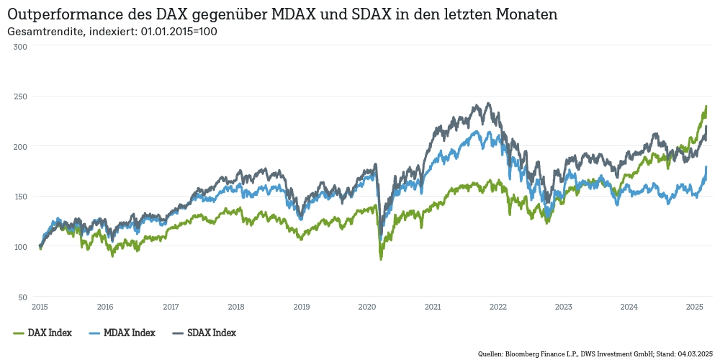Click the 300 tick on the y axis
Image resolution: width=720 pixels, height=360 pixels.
pyautogui.click(x=20, y=46)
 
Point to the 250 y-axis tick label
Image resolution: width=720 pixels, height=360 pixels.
pyautogui.click(x=20, y=96)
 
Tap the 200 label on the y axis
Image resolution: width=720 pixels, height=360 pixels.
pyautogui.click(x=20, y=146)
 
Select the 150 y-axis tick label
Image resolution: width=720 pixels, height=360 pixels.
pyautogui.click(x=20, y=197)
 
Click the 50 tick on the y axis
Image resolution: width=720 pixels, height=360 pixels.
pyautogui.click(x=22, y=297)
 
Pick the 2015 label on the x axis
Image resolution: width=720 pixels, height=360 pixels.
pyautogui.click(x=40, y=307)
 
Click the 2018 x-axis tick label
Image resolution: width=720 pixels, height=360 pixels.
pyautogui.click(x=236, y=307)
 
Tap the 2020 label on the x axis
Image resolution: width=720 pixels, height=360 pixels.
pyautogui.click(x=367, y=307)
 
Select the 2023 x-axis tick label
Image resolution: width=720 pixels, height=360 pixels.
pyautogui.click(x=564, y=307)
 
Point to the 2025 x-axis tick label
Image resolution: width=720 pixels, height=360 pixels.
pyautogui.click(x=695, y=307)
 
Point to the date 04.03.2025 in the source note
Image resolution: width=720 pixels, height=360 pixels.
pyautogui.click(x=694, y=354)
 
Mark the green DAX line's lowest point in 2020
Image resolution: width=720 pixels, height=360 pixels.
pyautogui.click(x=380, y=258)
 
